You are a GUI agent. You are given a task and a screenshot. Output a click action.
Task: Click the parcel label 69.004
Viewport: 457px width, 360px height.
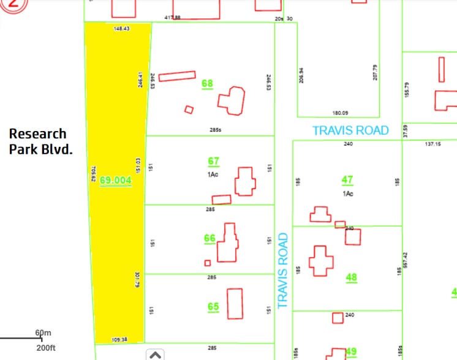coord(115,180)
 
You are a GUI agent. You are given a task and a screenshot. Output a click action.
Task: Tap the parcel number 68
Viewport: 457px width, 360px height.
coord(207,83)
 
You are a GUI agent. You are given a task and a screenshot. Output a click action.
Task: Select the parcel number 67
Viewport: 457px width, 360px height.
coord(213,161)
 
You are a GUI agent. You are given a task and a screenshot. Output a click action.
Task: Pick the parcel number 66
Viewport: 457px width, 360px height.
coord(210,238)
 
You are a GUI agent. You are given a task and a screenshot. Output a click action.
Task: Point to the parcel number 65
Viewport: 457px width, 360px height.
coord(213,307)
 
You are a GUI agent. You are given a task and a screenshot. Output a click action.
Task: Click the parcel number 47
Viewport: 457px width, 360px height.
coord(347,180)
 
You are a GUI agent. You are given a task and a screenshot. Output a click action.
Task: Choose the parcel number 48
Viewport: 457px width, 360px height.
coord(351,277)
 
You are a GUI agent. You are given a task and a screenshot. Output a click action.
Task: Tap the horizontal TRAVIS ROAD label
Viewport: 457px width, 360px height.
coord(350,130)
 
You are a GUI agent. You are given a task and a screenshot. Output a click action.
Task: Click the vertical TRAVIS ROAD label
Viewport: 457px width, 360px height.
coord(282,270)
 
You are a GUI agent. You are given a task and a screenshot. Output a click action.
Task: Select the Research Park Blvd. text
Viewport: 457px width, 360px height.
coord(37,141)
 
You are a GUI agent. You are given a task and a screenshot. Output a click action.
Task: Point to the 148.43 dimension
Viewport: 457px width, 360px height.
coord(122,28)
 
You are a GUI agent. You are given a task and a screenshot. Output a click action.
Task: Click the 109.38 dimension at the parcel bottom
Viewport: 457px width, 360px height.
coord(120,339)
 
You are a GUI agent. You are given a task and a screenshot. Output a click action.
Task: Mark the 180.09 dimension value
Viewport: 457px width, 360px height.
coord(340,113)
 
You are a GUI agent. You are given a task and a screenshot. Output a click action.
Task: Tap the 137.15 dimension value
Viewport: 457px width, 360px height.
coord(432,144)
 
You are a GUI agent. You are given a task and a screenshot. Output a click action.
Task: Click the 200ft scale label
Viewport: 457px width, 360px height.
coord(45,348)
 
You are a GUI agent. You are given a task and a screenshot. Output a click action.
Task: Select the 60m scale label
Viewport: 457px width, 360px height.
coord(43,333)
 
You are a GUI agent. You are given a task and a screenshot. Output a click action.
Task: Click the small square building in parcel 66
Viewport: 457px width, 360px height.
coord(208,263)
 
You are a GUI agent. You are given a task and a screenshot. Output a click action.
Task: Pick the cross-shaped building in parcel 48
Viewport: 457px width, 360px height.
coord(320,261)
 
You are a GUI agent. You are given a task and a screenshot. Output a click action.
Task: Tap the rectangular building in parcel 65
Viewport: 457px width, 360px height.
coord(235,303)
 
